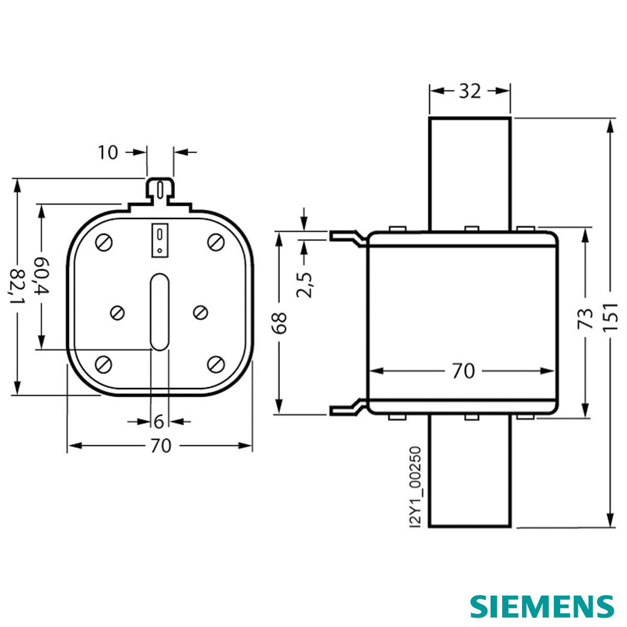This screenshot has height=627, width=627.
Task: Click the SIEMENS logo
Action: click(x=542, y=606)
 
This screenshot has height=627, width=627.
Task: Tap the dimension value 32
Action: click(x=469, y=91)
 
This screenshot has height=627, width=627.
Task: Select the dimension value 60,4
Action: click(x=41, y=275)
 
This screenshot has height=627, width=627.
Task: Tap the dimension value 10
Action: click(x=108, y=153)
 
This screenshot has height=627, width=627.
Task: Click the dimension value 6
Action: click(x=159, y=421)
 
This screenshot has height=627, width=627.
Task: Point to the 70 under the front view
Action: click(x=160, y=446)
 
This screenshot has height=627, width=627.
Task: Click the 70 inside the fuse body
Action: click(x=463, y=371)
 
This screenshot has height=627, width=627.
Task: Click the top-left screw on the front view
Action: click(x=104, y=242)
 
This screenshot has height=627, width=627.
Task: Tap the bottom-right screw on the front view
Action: click(x=215, y=364)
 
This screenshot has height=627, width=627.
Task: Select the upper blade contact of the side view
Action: click(x=469, y=173)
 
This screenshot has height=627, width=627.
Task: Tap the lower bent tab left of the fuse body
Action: click(x=347, y=408)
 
